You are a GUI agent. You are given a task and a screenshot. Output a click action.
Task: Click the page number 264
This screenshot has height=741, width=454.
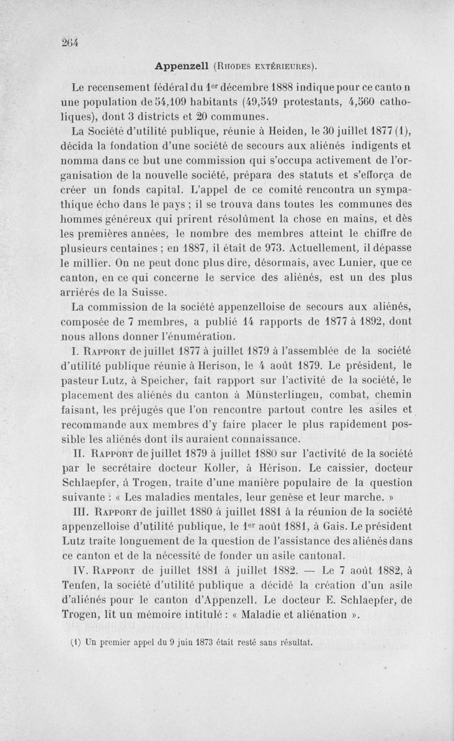[x=70, y=43]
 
